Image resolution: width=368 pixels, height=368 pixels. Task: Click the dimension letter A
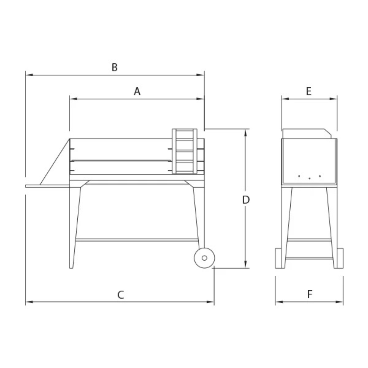coord(137,91)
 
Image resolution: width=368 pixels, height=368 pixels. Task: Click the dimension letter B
coord(114,67)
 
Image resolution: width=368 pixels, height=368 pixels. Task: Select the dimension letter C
coord(120,294)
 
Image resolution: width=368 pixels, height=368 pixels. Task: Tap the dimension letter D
coord(246,200)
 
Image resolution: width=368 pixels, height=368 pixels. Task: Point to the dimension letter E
coord(309,91)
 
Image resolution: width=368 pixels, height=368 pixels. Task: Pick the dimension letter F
coord(310,294)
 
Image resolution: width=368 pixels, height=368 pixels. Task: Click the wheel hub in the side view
coord(204,258)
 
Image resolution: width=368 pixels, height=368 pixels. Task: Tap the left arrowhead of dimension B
coord(29,75)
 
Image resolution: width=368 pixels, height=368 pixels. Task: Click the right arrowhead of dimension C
coord(210,302)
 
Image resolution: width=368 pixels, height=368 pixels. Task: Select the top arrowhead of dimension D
coord(245,133)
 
